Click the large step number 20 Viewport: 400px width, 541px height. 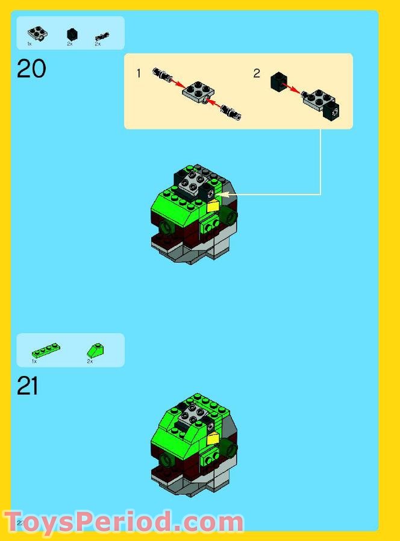(31, 69)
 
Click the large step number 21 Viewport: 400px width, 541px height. (28, 386)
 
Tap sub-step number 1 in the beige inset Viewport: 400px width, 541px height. (139, 73)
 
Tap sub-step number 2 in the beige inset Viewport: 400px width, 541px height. (257, 73)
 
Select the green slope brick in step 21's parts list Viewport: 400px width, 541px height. (94, 350)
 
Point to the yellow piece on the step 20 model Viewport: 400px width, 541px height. (214, 207)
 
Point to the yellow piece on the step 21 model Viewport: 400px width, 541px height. (213, 439)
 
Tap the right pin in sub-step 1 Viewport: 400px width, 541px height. (231, 111)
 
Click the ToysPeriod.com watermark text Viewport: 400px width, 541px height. (123, 522)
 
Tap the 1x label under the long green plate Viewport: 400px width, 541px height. (34, 361)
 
